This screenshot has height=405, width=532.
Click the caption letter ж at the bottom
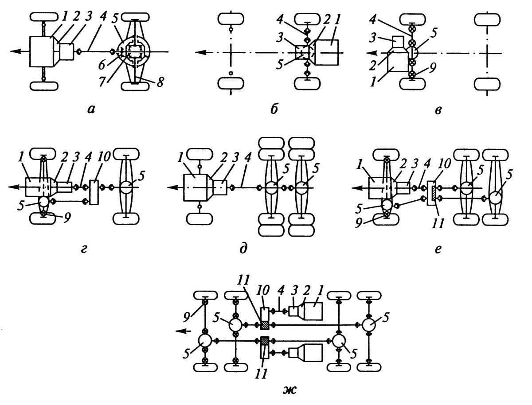pos(292,391)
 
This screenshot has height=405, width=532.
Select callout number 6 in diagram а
pos(103,65)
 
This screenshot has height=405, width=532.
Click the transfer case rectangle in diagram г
pos(94,192)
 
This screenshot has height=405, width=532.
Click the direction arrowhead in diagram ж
pos(177,331)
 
